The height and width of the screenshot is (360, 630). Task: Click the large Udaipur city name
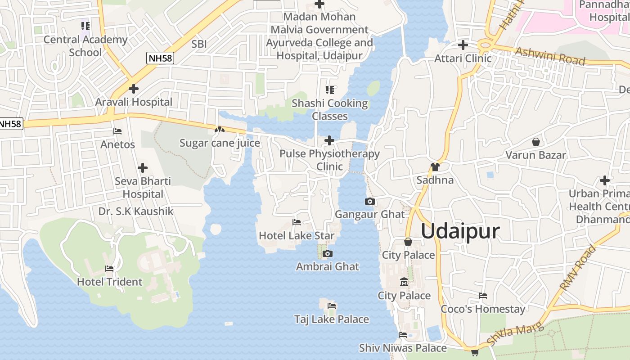pyautogui.click(x=460, y=231)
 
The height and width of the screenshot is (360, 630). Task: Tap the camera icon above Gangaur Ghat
pyautogui.click(x=370, y=201)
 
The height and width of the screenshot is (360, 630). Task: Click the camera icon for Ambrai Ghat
pyautogui.click(x=328, y=254)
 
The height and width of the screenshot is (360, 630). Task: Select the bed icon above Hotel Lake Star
pyautogui.click(x=297, y=222)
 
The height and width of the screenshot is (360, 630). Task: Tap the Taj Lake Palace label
pyautogui.click(x=332, y=319)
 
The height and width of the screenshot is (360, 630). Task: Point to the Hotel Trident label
pyautogui.click(x=109, y=282)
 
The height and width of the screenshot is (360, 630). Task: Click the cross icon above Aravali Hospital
pyautogui.click(x=133, y=89)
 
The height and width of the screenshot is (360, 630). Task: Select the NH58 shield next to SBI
pyautogui.click(x=160, y=58)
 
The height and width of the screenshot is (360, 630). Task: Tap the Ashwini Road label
pyautogui.click(x=550, y=56)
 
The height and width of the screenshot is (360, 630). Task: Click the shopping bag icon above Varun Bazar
pyautogui.click(x=535, y=142)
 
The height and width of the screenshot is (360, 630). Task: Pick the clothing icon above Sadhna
pyautogui.click(x=435, y=167)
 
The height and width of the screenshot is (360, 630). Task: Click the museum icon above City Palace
pyautogui.click(x=404, y=282)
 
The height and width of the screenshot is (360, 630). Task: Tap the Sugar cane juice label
pyautogui.click(x=220, y=143)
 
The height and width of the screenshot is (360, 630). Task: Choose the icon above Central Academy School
pyautogui.click(x=85, y=26)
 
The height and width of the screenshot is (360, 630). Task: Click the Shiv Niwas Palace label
pyautogui.click(x=403, y=348)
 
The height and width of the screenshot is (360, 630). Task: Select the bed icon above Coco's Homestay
pyautogui.click(x=483, y=296)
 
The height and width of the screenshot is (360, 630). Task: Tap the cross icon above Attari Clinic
pyautogui.click(x=463, y=45)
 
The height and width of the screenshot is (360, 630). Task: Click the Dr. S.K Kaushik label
pyautogui.click(x=136, y=211)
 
